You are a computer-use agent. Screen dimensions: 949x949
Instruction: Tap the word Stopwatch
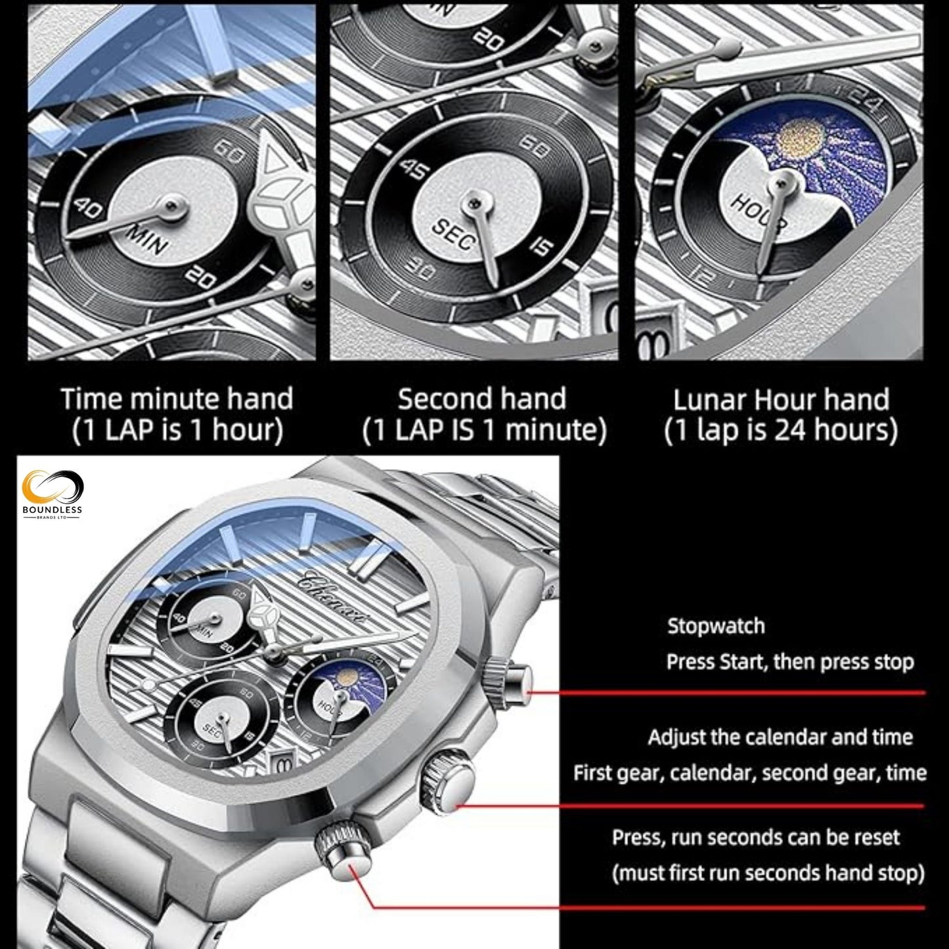click(x=716, y=626)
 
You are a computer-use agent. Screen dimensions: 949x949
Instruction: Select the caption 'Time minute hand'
click(x=177, y=399)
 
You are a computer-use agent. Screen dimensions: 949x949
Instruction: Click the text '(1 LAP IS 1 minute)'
click(x=484, y=431)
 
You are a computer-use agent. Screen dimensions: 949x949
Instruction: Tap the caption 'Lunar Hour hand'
click(x=781, y=399)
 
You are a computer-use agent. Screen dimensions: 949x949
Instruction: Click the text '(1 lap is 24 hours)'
click(x=781, y=431)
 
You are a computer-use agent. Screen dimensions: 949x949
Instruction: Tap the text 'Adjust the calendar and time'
click(x=780, y=737)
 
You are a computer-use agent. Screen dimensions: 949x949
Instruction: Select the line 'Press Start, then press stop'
click(x=790, y=661)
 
